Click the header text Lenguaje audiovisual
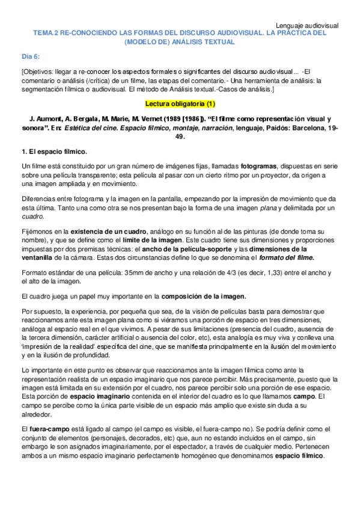(x=307, y=25)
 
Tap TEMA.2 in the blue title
(x=46, y=34)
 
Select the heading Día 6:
(x=31, y=56)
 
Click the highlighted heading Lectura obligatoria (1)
(x=180, y=103)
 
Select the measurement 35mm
(x=131, y=272)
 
